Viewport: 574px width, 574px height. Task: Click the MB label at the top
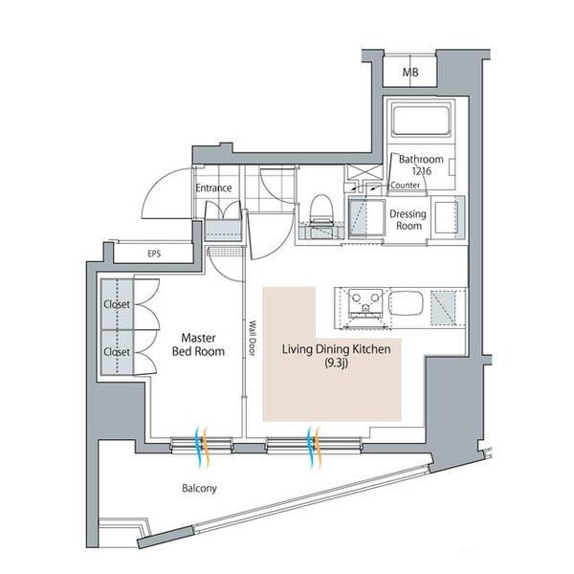(409, 73)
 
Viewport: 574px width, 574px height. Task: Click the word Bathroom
(421, 159)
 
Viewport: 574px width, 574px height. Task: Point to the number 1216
(422, 170)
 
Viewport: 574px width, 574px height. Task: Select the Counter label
(407, 185)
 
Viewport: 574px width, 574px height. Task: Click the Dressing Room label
(408, 220)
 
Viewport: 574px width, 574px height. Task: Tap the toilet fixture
(320, 210)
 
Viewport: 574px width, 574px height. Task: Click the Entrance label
(213, 188)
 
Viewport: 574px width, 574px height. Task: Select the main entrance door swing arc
(158, 197)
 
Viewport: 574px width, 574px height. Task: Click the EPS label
(154, 254)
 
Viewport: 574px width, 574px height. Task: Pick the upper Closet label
(116, 305)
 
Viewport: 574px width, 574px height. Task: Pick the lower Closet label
(116, 351)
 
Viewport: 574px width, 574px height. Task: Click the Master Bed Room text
(198, 344)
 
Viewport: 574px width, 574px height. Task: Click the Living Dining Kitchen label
(336, 351)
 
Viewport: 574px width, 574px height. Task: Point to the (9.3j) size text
(336, 364)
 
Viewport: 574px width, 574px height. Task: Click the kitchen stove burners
(364, 305)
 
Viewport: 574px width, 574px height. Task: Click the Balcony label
(199, 488)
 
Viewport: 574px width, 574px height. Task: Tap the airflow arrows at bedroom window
(201, 446)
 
